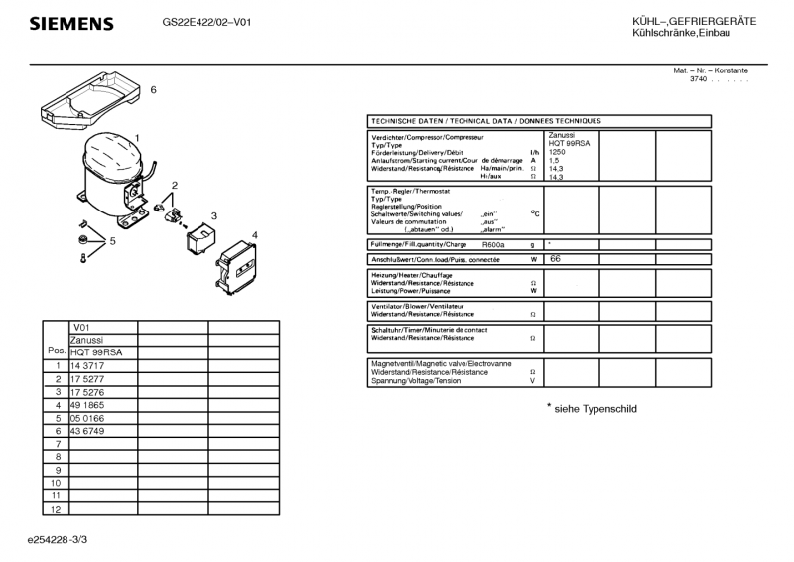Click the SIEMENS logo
point(70,24)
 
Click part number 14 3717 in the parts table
point(87,366)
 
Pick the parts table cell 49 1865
point(87,405)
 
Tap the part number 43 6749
point(87,431)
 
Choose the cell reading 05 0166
point(87,418)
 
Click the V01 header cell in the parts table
point(82,327)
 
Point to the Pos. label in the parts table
point(57,351)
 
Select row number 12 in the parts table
point(57,508)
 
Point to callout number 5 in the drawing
point(113,240)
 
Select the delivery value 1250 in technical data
point(559,152)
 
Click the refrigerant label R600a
point(493,244)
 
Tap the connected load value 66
point(555,258)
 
